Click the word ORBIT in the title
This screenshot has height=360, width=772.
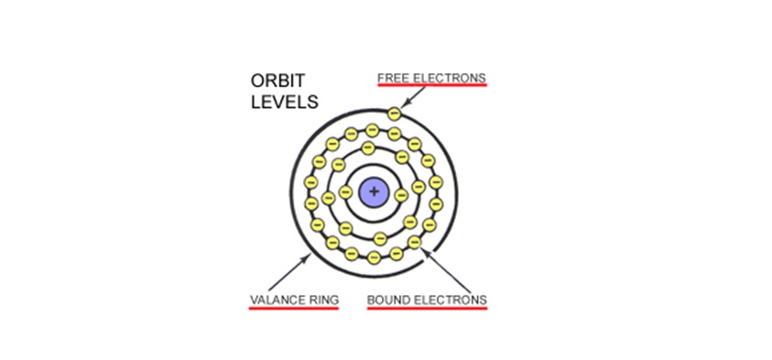click(x=271, y=81)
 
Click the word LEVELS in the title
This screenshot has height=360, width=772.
click(x=285, y=102)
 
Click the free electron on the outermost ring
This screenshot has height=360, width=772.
click(x=394, y=114)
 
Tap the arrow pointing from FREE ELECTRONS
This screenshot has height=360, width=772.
click(x=413, y=97)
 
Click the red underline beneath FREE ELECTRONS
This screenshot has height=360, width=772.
click(x=432, y=84)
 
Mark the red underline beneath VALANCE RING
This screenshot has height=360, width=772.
click(x=294, y=309)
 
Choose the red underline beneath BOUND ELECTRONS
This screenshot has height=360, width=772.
click(x=428, y=309)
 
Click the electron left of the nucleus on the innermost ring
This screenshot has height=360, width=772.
click(x=346, y=192)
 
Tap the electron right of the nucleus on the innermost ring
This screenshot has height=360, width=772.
click(x=402, y=195)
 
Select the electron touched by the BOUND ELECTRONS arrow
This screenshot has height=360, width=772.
click(x=415, y=243)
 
